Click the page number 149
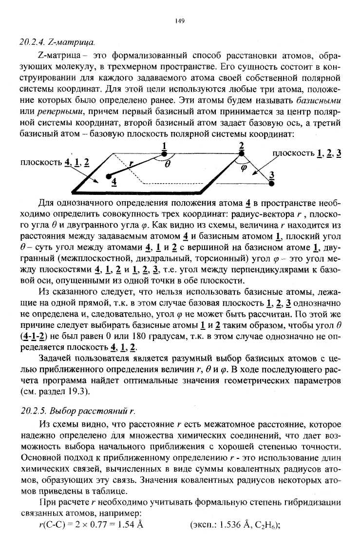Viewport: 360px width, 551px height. point(179,20)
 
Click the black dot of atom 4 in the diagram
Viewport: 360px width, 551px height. point(109,175)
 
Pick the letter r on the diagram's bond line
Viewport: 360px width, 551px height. point(132,164)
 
